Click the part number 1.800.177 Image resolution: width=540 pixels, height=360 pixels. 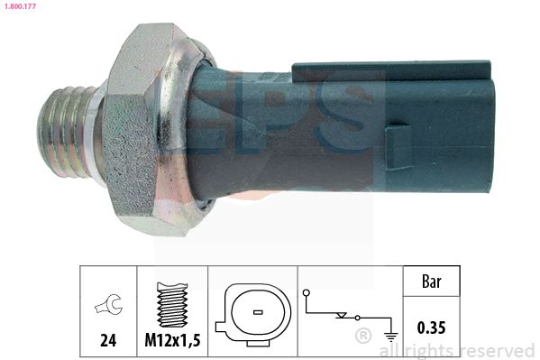coord(20,6)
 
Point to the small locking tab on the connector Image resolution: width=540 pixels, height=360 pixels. coord(398,148)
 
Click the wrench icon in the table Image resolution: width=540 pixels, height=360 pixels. coord(108,305)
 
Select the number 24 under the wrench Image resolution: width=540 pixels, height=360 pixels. coord(108,340)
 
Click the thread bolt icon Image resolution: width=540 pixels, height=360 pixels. coord(172,305)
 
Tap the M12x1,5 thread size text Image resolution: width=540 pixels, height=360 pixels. coord(172,340)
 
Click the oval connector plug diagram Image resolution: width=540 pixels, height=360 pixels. coord(253,315)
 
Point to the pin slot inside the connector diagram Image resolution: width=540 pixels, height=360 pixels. coord(258,313)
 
